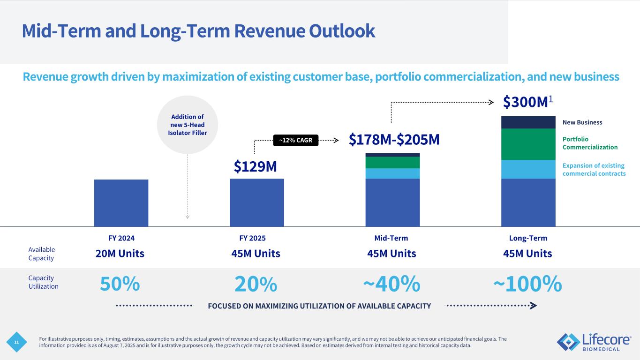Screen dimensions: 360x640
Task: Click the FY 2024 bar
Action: (x=121, y=202)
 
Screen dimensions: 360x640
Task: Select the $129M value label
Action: (x=255, y=166)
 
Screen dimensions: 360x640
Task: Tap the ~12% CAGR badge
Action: (x=295, y=140)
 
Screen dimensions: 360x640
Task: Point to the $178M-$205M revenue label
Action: (x=394, y=139)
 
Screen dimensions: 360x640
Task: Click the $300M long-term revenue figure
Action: (x=526, y=101)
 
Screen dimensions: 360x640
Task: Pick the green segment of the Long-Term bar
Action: (x=528, y=144)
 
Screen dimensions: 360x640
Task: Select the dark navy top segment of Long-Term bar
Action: (x=528, y=122)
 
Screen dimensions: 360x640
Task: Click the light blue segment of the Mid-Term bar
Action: (x=392, y=173)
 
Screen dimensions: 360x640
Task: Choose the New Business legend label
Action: (x=582, y=122)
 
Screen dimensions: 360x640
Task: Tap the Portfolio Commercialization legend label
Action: (x=590, y=143)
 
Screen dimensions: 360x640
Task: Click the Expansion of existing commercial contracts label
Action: (x=594, y=170)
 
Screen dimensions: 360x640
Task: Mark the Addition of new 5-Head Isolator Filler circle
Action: (x=188, y=125)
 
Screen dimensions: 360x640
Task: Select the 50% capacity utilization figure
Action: (x=120, y=284)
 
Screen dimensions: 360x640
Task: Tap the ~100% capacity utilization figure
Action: (x=527, y=284)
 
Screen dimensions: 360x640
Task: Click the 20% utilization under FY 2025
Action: (x=256, y=284)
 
